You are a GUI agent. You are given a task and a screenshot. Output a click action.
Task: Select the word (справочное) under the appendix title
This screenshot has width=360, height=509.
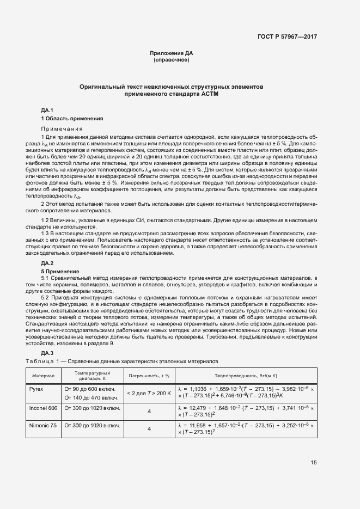tap(171, 59)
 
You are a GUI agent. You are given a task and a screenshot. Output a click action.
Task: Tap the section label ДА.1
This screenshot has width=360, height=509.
tap(47, 111)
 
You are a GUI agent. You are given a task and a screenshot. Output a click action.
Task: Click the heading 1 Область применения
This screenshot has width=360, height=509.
tap(72, 118)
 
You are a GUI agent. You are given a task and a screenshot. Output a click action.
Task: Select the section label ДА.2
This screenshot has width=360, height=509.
tap(47, 263)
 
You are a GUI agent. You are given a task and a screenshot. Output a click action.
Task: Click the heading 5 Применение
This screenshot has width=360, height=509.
tap(60, 271)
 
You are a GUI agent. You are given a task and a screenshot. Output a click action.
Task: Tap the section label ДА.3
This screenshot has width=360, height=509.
tap(47, 353)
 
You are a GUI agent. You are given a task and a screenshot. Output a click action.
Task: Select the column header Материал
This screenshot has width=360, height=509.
tap(43, 376)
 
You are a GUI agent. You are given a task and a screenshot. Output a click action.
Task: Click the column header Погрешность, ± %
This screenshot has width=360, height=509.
tap(149, 376)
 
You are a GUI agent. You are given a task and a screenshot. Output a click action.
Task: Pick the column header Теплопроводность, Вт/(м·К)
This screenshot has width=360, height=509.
tap(246, 376)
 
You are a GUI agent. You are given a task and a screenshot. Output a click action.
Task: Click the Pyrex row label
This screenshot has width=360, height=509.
tap(36, 389)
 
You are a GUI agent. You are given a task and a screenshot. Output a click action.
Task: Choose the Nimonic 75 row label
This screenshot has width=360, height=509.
tap(42, 425)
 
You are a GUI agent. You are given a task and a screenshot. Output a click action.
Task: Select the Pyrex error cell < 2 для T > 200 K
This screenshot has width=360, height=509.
tap(149, 393)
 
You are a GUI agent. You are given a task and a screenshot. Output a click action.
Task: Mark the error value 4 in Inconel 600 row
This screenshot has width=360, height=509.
tap(149, 411)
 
